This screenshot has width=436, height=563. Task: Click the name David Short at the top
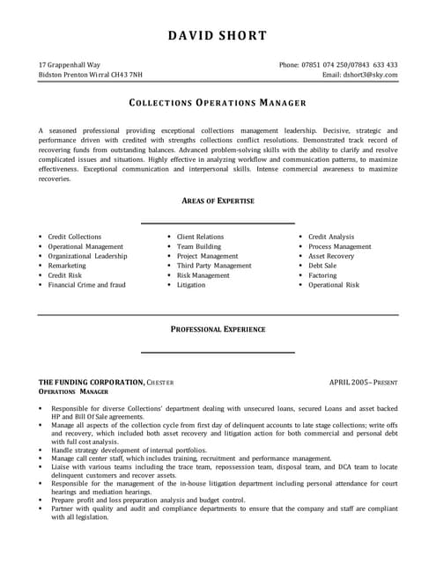(x=218, y=36)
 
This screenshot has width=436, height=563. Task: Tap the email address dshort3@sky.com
(x=369, y=76)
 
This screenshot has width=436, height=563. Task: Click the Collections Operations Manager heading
(x=218, y=102)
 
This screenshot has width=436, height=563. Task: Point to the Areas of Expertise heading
(x=218, y=201)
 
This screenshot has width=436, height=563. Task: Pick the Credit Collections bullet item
(x=74, y=237)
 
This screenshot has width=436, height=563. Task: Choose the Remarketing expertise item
(x=67, y=265)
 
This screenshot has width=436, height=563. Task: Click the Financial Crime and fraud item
(x=86, y=285)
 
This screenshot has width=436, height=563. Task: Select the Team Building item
(x=199, y=246)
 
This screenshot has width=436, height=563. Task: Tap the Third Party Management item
(x=214, y=265)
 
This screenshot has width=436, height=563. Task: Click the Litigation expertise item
(x=191, y=285)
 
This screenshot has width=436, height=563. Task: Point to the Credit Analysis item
(x=331, y=237)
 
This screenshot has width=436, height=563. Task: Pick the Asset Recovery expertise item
(x=332, y=256)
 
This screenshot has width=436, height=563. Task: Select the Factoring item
(x=322, y=275)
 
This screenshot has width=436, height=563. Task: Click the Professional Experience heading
(x=218, y=329)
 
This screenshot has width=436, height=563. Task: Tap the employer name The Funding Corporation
(x=92, y=382)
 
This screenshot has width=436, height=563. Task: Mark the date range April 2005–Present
(x=363, y=382)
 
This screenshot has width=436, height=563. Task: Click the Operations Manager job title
(x=73, y=391)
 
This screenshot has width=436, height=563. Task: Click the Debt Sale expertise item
(x=322, y=265)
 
